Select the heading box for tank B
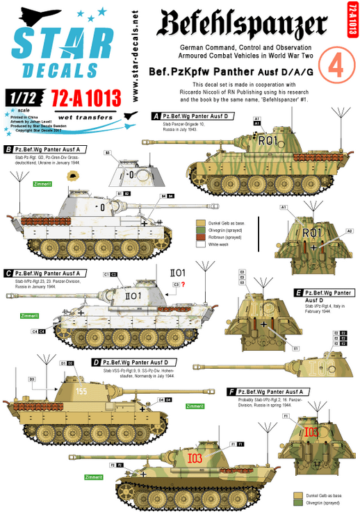(44, 149)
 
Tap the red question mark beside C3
(183, 284)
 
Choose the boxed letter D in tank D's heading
(95, 363)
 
